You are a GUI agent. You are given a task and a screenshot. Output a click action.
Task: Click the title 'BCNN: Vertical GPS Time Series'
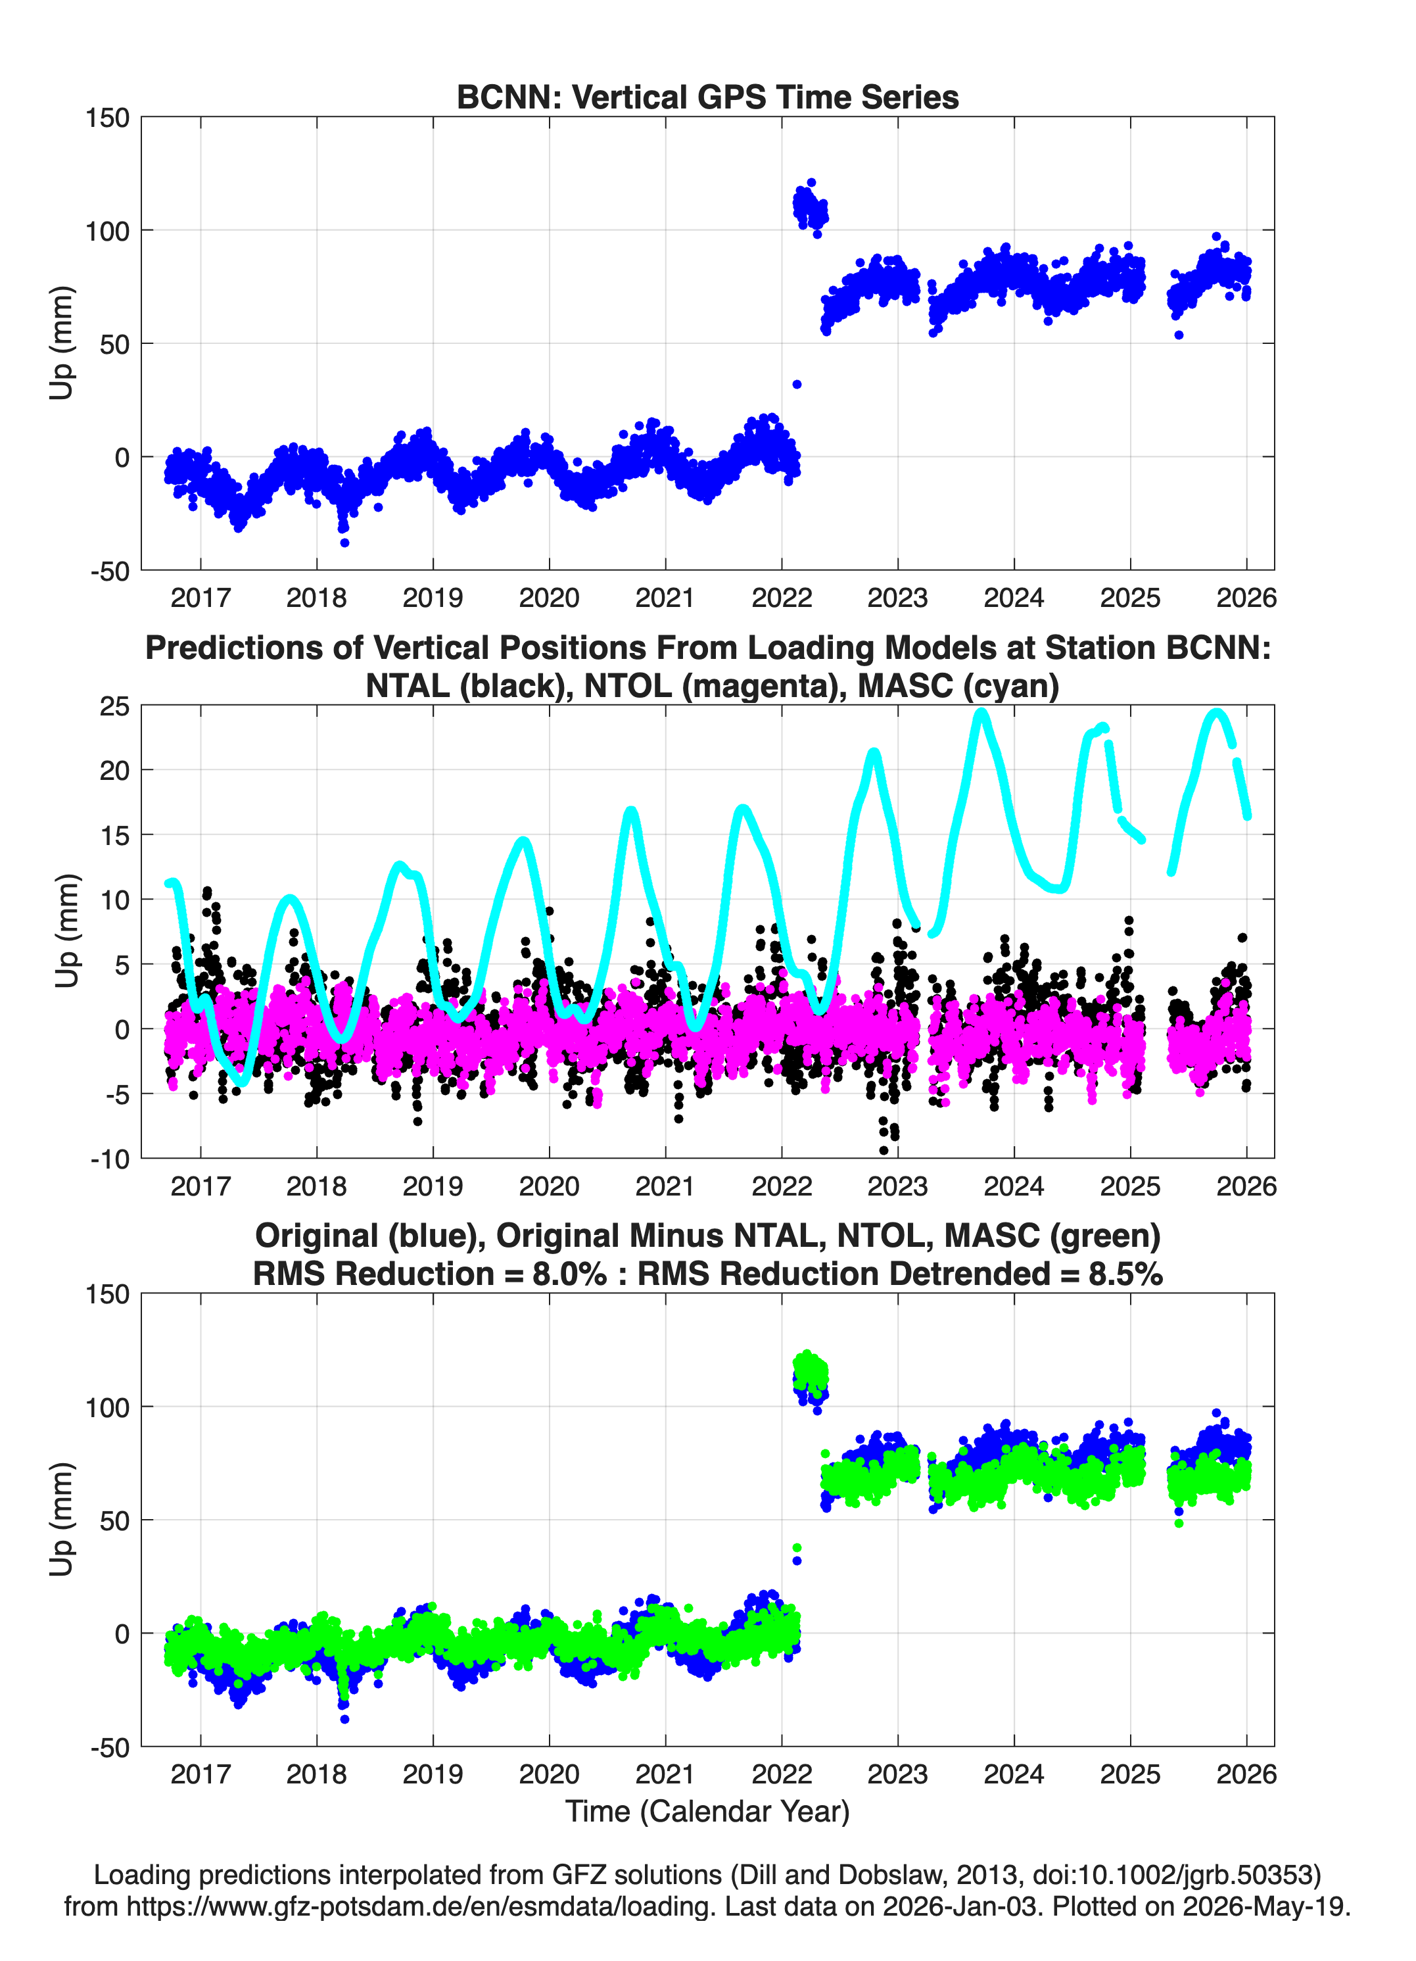pos(707,97)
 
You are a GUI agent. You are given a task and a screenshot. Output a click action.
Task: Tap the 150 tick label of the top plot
pos(107,118)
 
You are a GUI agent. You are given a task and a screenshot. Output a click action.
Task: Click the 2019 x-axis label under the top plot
pos(433,598)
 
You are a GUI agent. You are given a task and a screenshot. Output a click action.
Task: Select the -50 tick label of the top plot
pos(110,571)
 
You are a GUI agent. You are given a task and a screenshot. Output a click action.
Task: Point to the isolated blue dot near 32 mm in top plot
pos(797,384)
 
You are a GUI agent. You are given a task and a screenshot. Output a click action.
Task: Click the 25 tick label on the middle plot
pos(115,706)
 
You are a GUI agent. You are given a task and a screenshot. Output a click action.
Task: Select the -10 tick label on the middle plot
pos(110,1159)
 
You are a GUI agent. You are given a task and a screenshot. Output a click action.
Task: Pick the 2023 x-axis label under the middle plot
pos(897,1186)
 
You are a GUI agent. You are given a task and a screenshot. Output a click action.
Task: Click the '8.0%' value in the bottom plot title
pos(569,1274)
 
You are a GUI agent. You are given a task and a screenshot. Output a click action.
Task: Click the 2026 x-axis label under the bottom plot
pos(1246,1774)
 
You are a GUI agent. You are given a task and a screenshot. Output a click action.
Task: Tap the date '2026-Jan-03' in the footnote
pos(960,1906)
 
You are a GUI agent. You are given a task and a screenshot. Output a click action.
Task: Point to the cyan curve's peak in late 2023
pos(980,714)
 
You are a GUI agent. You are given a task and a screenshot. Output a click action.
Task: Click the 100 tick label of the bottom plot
pos(107,1408)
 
